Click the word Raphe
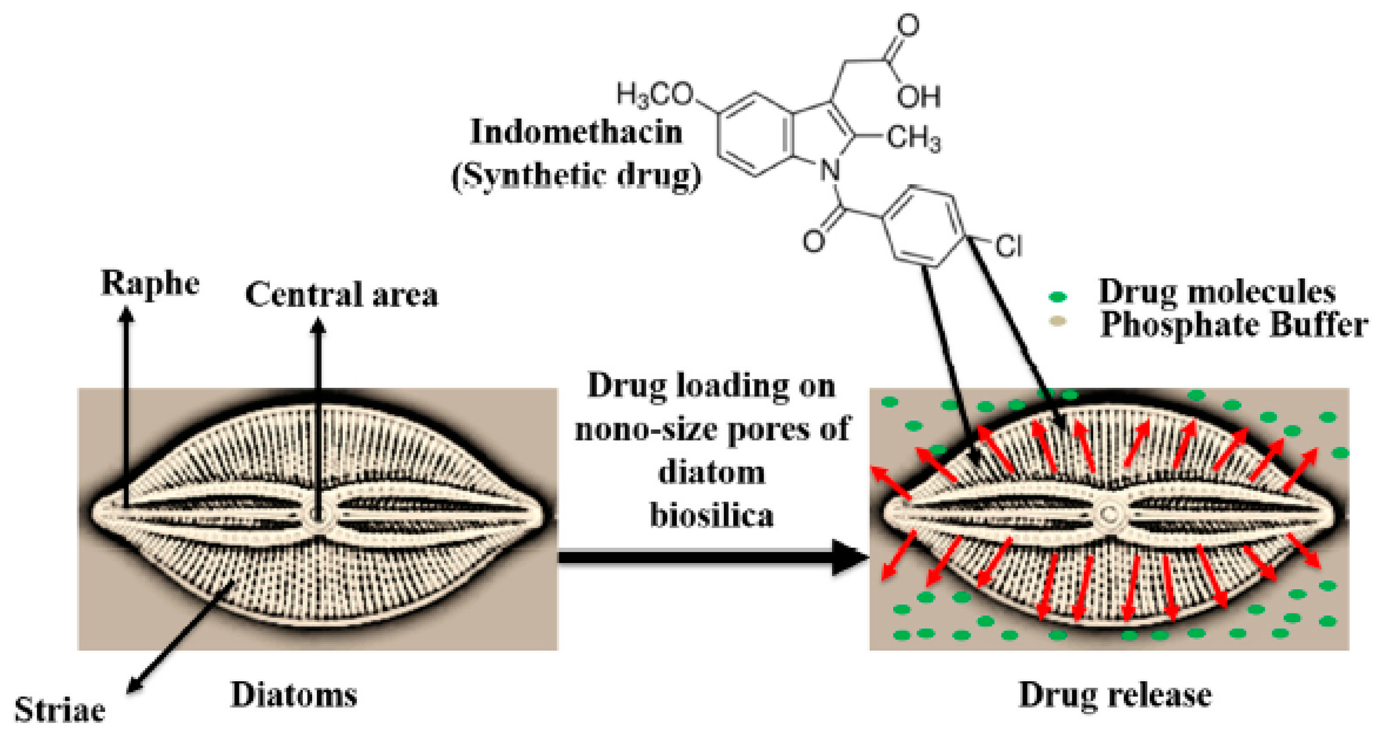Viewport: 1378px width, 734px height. tap(151, 284)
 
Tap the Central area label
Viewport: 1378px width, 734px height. tap(341, 295)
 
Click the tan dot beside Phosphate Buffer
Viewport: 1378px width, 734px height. tap(1057, 321)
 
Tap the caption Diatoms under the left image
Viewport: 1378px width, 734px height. tap(294, 695)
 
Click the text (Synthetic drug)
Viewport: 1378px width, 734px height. tap(576, 176)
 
